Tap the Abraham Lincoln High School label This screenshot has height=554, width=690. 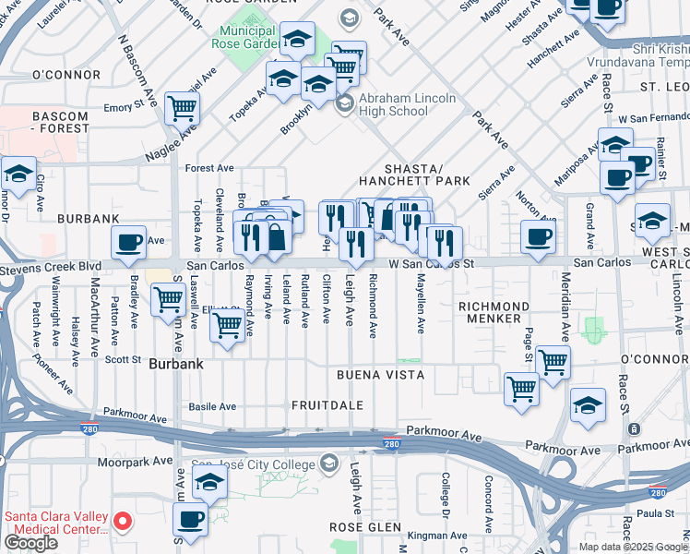click(407, 104)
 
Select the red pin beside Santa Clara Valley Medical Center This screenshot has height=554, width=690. click(125, 523)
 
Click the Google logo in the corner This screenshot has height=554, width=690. click(30, 543)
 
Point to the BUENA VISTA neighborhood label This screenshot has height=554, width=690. click(380, 375)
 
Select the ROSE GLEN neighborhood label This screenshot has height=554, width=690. click(362, 525)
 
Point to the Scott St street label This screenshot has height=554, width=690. click(122, 359)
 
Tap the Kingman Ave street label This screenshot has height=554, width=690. click(437, 535)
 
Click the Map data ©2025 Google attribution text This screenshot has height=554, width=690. click(633, 547)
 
